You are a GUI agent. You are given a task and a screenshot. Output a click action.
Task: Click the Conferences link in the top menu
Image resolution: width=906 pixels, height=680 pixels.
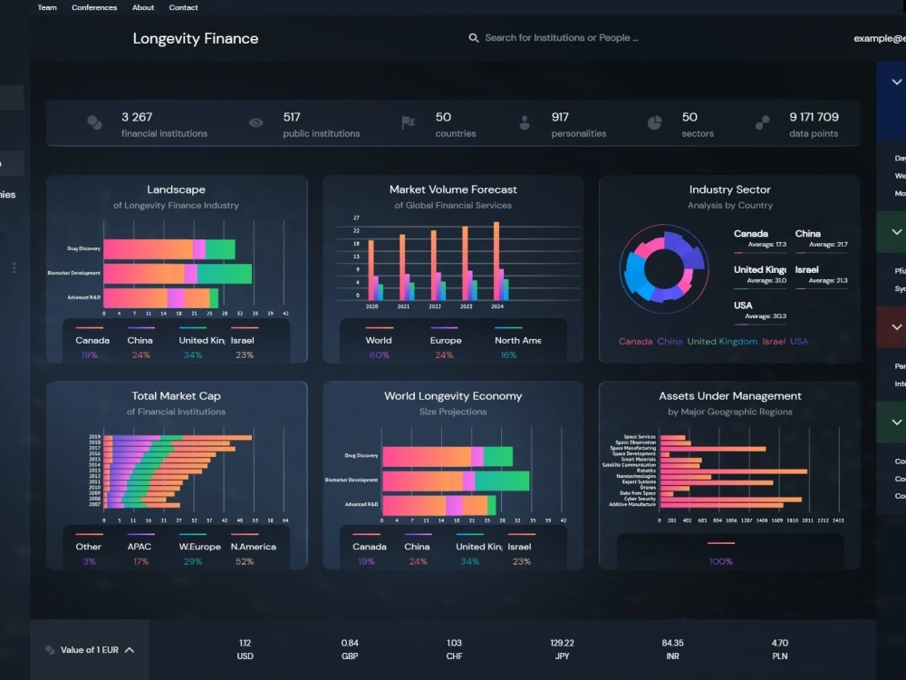point(94,7)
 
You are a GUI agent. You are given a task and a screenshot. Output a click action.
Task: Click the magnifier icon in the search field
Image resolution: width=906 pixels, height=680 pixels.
point(473,38)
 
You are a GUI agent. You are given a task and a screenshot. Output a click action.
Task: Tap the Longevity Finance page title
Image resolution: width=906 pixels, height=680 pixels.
point(196,38)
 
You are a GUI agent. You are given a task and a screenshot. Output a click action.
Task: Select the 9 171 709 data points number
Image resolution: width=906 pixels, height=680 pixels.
point(814,117)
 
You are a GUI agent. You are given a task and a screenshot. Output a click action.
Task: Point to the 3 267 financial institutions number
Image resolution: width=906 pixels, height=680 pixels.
point(137,117)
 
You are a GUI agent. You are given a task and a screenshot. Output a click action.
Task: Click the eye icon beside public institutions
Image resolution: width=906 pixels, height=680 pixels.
point(256,122)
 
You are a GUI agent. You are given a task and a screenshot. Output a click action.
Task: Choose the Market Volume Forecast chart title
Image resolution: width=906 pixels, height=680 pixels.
point(453,189)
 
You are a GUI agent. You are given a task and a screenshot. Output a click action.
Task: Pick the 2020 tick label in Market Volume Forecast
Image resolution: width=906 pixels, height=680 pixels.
point(371,307)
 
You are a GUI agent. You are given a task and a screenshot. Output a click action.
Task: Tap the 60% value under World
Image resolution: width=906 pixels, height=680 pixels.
point(379,355)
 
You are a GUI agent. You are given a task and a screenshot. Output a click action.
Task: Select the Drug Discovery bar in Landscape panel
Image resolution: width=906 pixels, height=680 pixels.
point(169,249)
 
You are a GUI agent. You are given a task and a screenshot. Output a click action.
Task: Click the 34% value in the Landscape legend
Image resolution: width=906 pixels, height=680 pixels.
point(192,355)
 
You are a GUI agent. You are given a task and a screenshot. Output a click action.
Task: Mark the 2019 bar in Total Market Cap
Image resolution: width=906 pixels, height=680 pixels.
point(178,438)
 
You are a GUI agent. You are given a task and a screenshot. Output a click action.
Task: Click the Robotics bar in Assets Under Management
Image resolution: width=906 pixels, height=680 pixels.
point(734,471)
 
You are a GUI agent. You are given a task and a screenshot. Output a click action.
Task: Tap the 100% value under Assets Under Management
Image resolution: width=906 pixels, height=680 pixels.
point(721,561)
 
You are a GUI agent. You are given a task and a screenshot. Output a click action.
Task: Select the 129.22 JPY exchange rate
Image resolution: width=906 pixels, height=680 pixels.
point(563,643)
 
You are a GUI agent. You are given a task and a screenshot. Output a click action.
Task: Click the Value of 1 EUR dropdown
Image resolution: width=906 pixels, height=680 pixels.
point(91,650)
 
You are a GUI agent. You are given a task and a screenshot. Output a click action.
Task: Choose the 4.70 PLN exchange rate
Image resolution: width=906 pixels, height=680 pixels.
point(779,643)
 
